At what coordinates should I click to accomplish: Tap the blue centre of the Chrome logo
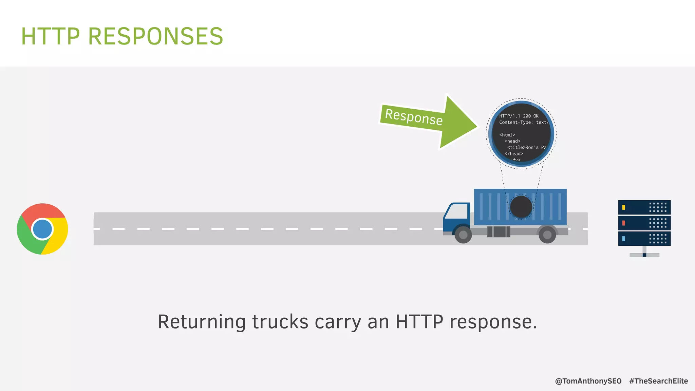point(42,229)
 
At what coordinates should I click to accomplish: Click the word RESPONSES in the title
point(155,36)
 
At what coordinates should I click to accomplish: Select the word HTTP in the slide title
point(50,36)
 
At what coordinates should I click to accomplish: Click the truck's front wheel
point(463,235)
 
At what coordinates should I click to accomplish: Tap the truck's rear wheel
point(547,235)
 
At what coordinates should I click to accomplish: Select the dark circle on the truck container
point(521,207)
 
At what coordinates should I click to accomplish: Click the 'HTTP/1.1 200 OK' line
point(519,116)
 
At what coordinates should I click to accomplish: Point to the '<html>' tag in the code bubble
point(507,135)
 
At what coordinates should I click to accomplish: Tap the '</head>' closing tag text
point(513,154)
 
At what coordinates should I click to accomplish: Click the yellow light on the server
point(623,207)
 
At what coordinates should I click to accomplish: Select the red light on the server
point(623,223)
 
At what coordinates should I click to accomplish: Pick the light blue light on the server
point(623,239)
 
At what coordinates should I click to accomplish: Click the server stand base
point(644,255)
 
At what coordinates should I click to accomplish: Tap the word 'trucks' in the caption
point(280,322)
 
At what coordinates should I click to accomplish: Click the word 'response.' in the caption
point(493,322)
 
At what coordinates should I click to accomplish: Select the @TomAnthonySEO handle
point(588,381)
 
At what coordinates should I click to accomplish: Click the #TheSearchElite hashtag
point(658,381)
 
